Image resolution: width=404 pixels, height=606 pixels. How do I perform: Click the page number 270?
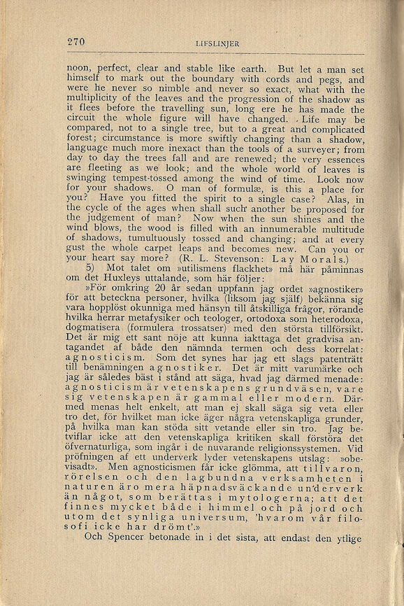click(76, 42)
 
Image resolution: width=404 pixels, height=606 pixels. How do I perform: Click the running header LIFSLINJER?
click(217, 43)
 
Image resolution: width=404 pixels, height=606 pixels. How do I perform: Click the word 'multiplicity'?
click(93, 99)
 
